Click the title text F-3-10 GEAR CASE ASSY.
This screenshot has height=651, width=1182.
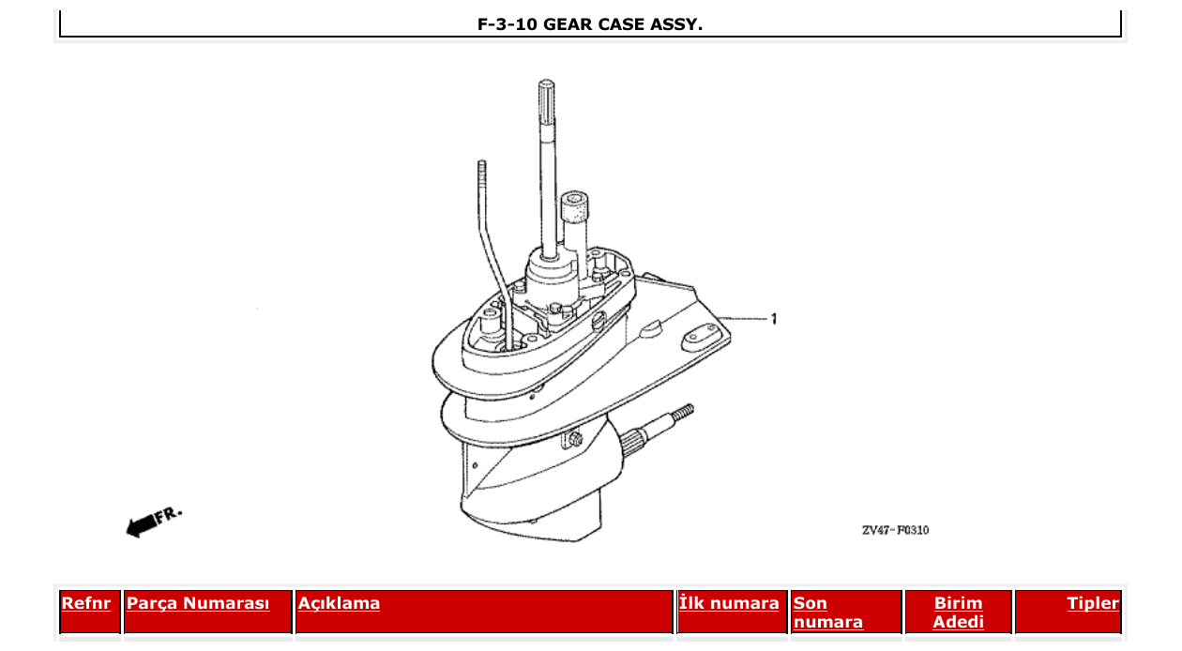[590, 24]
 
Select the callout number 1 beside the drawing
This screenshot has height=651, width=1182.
[774, 319]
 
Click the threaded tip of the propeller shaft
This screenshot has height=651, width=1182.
[684, 412]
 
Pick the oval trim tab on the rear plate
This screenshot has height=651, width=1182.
[700, 335]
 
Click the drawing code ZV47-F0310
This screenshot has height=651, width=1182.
[895, 530]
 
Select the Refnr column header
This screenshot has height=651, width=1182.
[85, 603]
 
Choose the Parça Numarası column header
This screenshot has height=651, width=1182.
[198, 603]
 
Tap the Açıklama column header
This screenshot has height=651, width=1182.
[339, 603]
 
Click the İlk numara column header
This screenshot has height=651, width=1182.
[729, 603]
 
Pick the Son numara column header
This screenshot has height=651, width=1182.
[828, 613]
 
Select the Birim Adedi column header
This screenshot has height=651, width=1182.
[958, 613]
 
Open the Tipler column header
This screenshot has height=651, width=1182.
[1093, 603]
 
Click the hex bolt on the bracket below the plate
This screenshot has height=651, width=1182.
[574, 438]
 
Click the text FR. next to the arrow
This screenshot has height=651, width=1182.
[170, 514]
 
